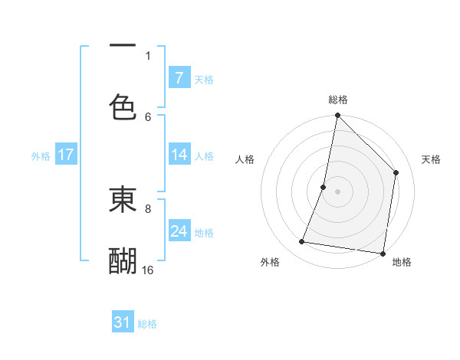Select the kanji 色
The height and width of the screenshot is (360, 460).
click(123, 106)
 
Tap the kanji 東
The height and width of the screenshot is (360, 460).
click(123, 200)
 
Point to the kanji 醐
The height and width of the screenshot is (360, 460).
click(123, 260)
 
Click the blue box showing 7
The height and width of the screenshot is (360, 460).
click(179, 78)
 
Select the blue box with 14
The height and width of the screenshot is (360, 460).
click(179, 155)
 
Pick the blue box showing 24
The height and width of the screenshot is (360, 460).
click(179, 231)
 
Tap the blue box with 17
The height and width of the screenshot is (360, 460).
click(66, 155)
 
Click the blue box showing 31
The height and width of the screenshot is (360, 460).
click(123, 323)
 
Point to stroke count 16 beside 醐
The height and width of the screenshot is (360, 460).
click(148, 270)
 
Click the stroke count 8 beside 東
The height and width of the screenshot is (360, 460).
click(148, 208)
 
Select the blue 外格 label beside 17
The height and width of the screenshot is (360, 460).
click(41, 155)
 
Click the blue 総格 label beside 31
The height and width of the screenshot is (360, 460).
click(147, 324)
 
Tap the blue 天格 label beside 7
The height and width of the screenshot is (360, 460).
click(204, 79)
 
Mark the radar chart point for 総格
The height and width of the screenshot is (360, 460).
click(337, 116)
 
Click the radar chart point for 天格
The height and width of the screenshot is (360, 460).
click(396, 172)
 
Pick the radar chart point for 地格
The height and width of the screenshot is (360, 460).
click(382, 253)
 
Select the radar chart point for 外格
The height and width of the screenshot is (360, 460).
click(302, 242)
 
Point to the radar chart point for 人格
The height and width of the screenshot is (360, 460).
click(324, 187)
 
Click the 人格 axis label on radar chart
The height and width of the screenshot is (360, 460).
click(245, 159)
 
